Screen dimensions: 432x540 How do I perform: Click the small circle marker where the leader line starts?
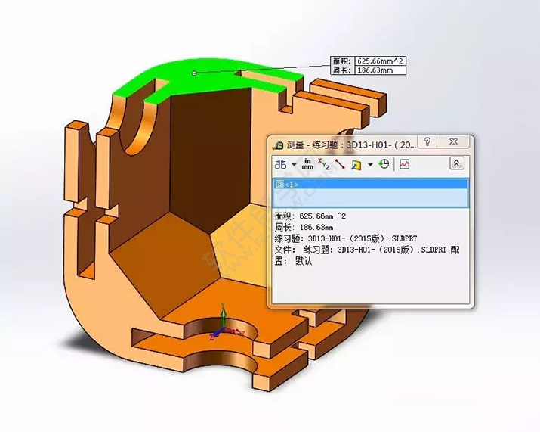pos(195,73)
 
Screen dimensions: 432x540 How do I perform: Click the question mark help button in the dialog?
pos(427,143)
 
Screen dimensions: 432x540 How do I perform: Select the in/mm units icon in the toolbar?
pos(308,163)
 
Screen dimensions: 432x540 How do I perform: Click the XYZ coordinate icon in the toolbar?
pos(324,163)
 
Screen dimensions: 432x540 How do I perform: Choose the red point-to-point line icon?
pos(340,163)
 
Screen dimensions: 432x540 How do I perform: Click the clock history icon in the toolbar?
pos(384,163)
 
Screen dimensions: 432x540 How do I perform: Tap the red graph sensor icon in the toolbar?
pos(405,163)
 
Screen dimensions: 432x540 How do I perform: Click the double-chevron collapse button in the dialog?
pos(456,163)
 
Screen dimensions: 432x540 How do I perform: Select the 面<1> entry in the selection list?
pos(288,184)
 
